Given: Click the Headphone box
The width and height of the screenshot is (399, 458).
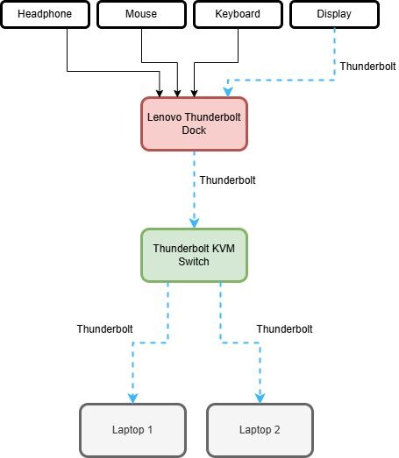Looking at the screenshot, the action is [x=45, y=14].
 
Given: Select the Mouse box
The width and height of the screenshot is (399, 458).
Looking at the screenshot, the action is [x=141, y=14].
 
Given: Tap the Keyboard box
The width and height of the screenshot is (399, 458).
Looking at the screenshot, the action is [x=239, y=14].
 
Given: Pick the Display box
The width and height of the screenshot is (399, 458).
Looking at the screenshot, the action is [x=335, y=14].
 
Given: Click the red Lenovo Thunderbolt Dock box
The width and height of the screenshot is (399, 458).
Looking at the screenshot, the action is [x=194, y=123].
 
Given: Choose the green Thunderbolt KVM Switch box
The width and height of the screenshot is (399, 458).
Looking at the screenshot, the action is [x=194, y=255].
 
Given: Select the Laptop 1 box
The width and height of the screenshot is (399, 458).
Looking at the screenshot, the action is [x=132, y=430].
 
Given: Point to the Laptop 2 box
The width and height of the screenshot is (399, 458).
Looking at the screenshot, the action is [x=260, y=430].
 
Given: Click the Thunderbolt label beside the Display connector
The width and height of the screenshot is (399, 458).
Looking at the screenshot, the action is [x=367, y=67].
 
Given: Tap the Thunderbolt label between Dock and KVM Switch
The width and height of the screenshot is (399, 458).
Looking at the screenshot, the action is [x=228, y=180].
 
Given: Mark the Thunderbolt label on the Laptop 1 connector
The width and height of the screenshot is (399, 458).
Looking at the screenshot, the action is [x=104, y=329].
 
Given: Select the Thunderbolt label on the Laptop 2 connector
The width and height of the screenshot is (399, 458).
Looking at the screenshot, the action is [x=284, y=329].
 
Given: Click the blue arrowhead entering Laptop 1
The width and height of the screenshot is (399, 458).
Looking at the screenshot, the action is [x=132, y=398].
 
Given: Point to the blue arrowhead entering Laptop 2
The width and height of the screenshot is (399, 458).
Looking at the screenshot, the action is [x=260, y=398].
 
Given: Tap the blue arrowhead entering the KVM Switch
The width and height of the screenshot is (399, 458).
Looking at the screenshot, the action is [x=194, y=223].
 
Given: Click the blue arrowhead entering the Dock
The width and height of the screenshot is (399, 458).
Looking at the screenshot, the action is [x=228, y=92].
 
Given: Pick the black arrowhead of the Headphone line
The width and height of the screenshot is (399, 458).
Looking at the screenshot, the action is [x=160, y=94].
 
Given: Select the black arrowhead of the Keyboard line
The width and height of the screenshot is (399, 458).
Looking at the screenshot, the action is [x=194, y=94].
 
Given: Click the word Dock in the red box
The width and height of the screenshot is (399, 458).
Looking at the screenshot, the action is [x=194, y=130].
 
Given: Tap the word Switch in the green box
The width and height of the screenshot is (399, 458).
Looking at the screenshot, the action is [x=194, y=262].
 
